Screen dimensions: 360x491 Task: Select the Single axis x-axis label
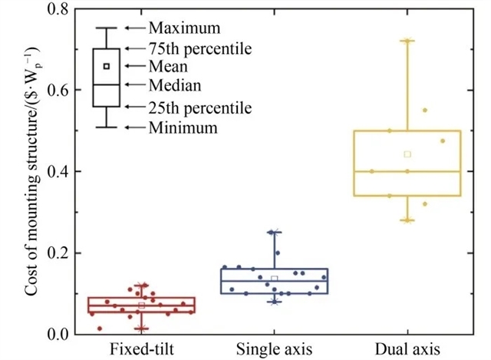274,348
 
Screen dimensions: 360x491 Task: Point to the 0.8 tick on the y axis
67,9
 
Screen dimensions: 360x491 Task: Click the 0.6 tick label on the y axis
67,91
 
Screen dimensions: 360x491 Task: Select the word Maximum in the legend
185,28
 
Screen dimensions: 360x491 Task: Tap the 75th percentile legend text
200,48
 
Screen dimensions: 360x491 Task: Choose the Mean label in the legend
169,67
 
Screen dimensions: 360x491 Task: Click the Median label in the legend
175,85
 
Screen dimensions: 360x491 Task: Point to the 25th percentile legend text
200,107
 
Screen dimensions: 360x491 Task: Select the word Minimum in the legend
183,127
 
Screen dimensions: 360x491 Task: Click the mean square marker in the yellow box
407,154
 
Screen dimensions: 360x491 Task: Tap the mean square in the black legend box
107,66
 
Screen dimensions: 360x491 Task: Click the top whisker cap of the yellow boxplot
407,41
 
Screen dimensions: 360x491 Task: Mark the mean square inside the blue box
274,279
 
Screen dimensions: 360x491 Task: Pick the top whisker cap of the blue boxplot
274,232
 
